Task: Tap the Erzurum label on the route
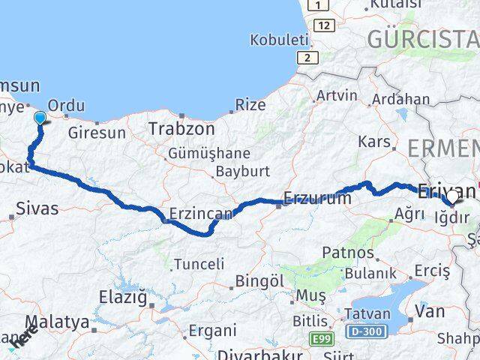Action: pyautogui.click(x=318, y=199)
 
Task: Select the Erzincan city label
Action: pyautogui.click(x=201, y=214)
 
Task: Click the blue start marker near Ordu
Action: pyautogui.click(x=40, y=117)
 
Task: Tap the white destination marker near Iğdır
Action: pyautogui.click(x=451, y=197)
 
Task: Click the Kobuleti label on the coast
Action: pyautogui.click(x=280, y=39)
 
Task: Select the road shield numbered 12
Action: pyautogui.click(x=324, y=25)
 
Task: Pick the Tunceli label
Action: pyautogui.click(x=199, y=264)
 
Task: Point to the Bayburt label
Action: pyautogui.click(x=242, y=171)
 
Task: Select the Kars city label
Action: pyautogui.click(x=375, y=142)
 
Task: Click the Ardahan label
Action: pyautogui.click(x=401, y=99)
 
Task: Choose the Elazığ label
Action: pyautogui.click(x=122, y=296)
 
